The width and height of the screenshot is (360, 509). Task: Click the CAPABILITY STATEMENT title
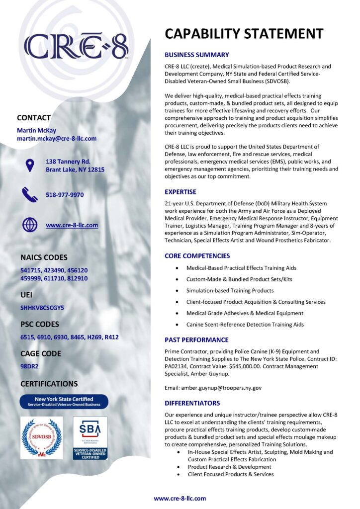[244, 34]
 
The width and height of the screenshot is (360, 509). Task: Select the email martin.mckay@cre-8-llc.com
[57, 139]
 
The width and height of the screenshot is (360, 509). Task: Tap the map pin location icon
[30, 166]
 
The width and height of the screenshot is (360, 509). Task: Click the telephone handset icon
[30, 195]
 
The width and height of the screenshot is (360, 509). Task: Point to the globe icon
[30, 225]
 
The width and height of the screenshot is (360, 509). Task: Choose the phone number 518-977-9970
[65, 195]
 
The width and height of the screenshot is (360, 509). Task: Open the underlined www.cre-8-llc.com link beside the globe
[72, 225]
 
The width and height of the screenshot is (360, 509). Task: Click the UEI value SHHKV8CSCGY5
[42, 308]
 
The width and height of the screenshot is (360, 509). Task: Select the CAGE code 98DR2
[30, 366]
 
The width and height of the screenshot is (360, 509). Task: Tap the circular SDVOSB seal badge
[41, 437]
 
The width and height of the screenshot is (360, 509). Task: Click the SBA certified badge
[90, 437]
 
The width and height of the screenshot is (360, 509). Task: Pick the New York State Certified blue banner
[64, 402]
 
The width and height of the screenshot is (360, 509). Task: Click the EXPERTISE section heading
[180, 192]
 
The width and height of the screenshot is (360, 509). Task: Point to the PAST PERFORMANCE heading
[196, 340]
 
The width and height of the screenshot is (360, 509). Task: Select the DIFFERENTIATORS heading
[192, 403]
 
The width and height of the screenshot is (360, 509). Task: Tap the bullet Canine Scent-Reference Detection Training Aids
[245, 325]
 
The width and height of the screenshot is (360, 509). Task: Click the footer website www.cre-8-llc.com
[180, 498]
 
